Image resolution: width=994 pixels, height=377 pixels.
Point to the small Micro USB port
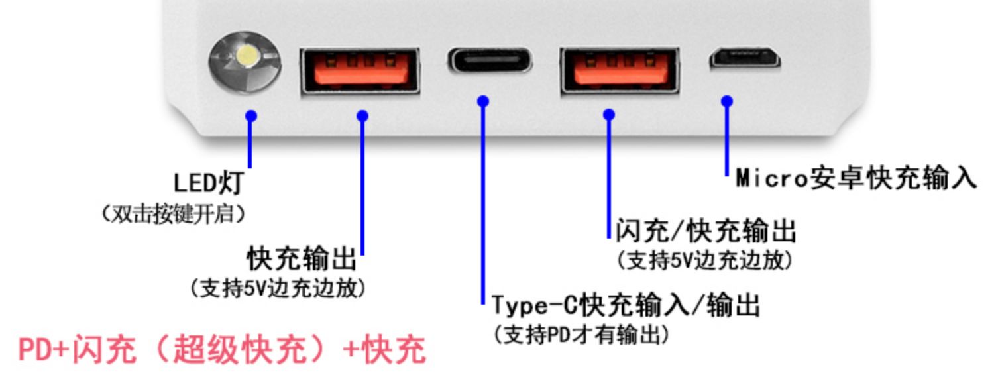click(745, 60)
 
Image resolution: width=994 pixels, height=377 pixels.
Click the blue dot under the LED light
click(250, 116)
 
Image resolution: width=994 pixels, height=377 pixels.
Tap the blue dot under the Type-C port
click(483, 101)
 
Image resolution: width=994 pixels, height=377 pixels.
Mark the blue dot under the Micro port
click(727, 101)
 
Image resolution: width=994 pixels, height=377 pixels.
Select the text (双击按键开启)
click(173, 215)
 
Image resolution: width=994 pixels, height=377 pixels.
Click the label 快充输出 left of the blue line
click(302, 259)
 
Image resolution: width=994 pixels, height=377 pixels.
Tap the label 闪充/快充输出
click(706, 232)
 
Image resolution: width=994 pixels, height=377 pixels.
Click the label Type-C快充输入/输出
click(626, 306)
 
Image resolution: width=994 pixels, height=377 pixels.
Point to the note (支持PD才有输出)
click(581, 335)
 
